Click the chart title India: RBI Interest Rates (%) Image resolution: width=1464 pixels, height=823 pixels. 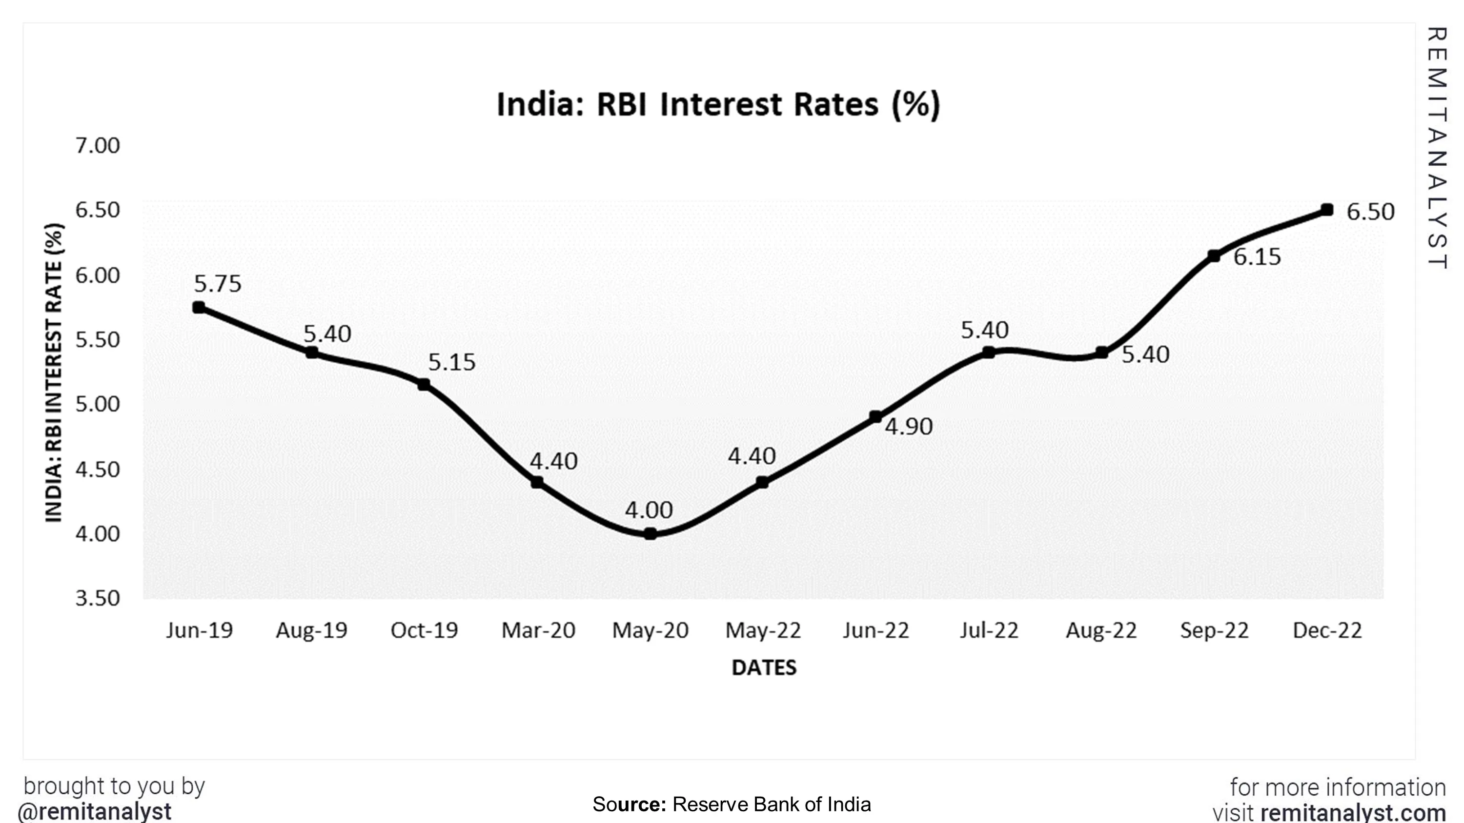pyautogui.click(x=718, y=104)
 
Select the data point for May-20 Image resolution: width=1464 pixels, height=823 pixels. pyautogui.click(x=651, y=533)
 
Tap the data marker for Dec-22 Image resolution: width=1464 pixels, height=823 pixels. pyautogui.click(x=1327, y=210)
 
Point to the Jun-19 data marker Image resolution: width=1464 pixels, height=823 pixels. pyautogui.click(x=198, y=307)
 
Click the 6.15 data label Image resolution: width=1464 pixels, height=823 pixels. pyautogui.click(x=1257, y=257)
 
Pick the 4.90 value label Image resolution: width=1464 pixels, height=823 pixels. pyautogui.click(x=908, y=427)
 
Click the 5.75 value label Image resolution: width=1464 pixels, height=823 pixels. pyautogui.click(x=218, y=283)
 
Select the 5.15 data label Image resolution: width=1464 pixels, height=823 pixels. pyautogui.click(x=451, y=362)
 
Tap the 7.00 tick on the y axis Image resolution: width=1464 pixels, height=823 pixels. pyautogui.click(x=97, y=145)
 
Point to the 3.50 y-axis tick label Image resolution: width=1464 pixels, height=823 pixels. pyautogui.click(x=97, y=598)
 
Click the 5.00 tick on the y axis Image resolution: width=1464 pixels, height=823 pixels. pyautogui.click(x=97, y=404)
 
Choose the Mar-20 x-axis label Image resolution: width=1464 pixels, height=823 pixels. pyautogui.click(x=538, y=630)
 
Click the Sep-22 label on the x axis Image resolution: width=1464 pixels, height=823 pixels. pyautogui.click(x=1214, y=630)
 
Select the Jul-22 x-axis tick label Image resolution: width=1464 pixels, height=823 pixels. pyautogui.click(x=989, y=630)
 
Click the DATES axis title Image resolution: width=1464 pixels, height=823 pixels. pyautogui.click(x=764, y=667)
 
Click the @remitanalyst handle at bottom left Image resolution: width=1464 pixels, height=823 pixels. pyautogui.click(x=94, y=811)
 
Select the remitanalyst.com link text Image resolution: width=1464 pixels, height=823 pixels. pyautogui.click(x=1353, y=813)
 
